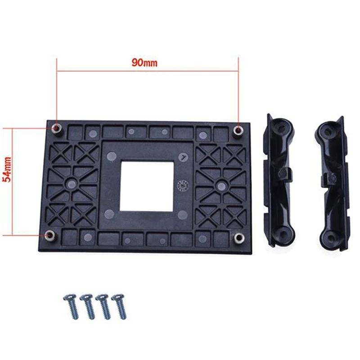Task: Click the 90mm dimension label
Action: [x=144, y=63]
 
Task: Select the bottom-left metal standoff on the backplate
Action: [x=50, y=235]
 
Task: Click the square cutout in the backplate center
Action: [x=147, y=186]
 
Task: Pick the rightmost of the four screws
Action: [x=121, y=306]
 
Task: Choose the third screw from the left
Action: [x=104, y=306]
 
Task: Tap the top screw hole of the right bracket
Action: [x=330, y=130]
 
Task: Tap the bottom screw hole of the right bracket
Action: [x=332, y=234]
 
